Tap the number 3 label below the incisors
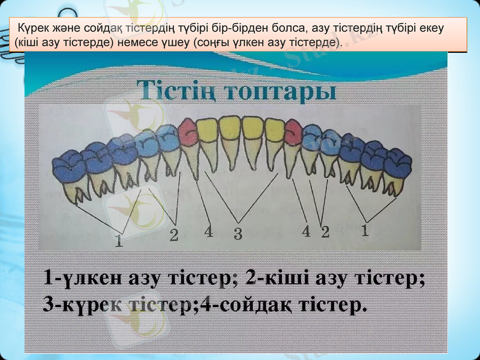(x=238, y=234)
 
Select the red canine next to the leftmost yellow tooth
(x=188, y=131)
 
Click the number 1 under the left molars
(x=119, y=242)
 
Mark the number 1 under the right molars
(x=365, y=230)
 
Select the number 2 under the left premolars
(x=173, y=236)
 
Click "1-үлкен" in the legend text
(x=83, y=279)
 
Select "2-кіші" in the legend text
(x=274, y=279)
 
